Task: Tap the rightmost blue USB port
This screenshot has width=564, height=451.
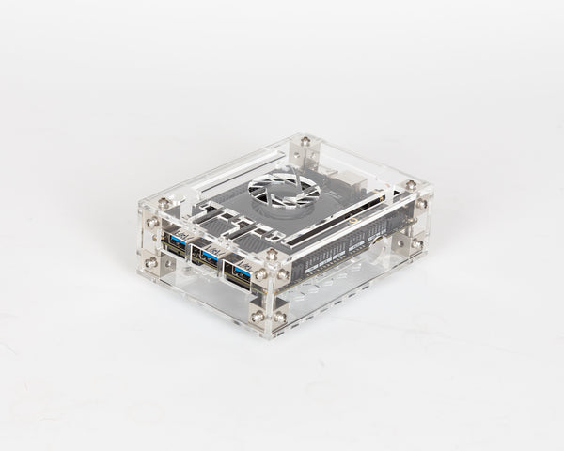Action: pos(242,271)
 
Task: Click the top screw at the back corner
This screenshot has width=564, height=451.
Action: pos(305,142)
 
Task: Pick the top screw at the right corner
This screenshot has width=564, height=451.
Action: pos(410,185)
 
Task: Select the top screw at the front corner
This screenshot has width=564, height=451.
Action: pos(271,255)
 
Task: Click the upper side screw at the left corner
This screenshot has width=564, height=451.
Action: pos(151,223)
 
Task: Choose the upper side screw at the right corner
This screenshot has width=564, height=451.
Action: pos(421,204)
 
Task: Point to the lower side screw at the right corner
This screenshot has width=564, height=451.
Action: pos(416,243)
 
